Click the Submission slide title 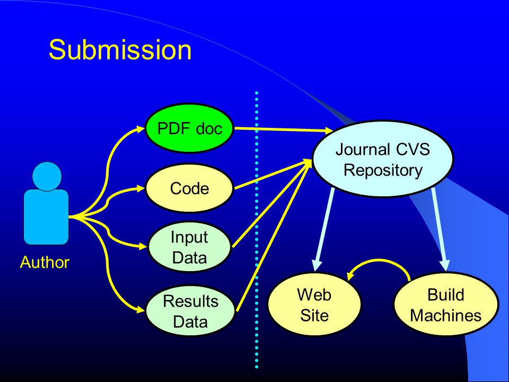click(x=120, y=50)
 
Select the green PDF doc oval click(x=189, y=128)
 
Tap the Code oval click(x=189, y=188)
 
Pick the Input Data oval click(x=189, y=247)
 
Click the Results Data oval click(x=190, y=311)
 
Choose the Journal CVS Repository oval click(x=383, y=159)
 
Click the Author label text click(x=45, y=262)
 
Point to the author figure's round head click(x=47, y=176)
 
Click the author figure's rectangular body click(x=46, y=216)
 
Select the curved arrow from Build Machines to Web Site click(x=379, y=260)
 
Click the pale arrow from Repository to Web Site click(x=323, y=229)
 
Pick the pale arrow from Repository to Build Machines click(x=440, y=229)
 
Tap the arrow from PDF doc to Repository click(x=283, y=129)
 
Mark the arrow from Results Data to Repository click(x=274, y=236)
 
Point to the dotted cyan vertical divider click(x=257, y=230)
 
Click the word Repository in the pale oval click(x=383, y=170)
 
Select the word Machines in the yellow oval click(x=446, y=315)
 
